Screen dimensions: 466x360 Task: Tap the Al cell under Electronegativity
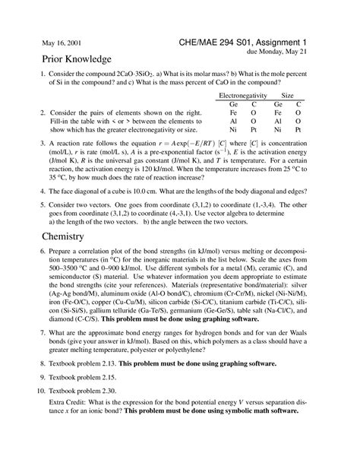233,120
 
